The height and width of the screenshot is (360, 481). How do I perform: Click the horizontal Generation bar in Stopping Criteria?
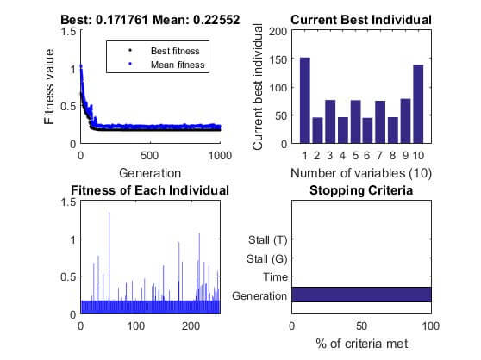pyautogui.click(x=361, y=295)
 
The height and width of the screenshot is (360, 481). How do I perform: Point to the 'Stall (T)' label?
pyautogui.click(x=268, y=239)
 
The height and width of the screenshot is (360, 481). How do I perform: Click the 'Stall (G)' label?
pyautogui.click(x=267, y=258)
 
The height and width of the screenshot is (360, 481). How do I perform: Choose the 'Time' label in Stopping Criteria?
pyautogui.click(x=273, y=276)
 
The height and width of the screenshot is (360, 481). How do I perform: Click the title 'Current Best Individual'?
pyautogui.click(x=361, y=20)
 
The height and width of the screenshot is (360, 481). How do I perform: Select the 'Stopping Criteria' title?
pyautogui.click(x=361, y=189)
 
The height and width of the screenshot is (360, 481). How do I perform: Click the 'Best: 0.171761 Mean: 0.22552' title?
pyautogui.click(x=150, y=20)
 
